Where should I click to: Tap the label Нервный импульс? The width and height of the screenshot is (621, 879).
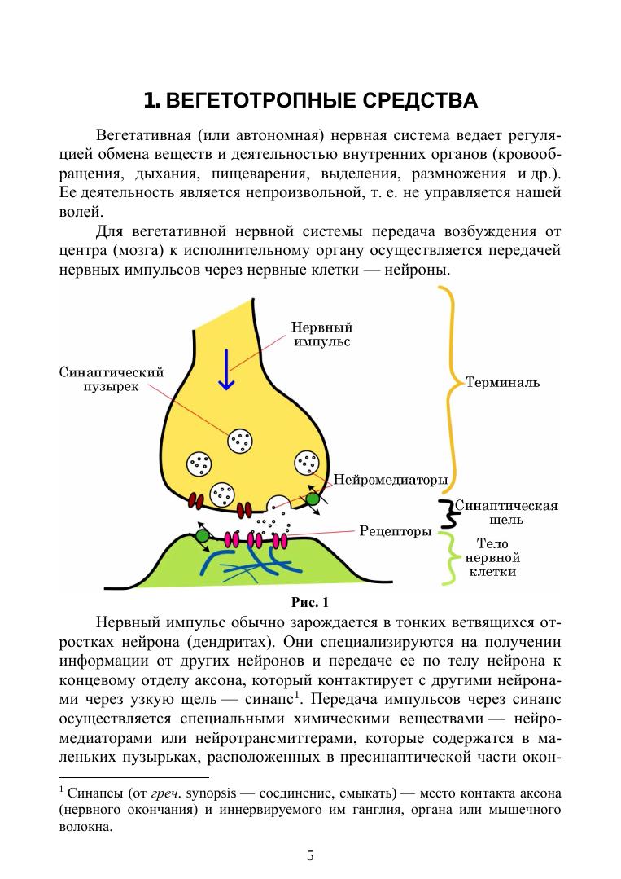pyautogui.click(x=321, y=334)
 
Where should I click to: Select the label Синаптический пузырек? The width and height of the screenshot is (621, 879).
pyautogui.click(x=112, y=379)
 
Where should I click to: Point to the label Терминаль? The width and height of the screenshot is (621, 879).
pyautogui.click(x=502, y=381)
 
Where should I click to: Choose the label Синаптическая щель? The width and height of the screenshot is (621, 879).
pyautogui.click(x=505, y=512)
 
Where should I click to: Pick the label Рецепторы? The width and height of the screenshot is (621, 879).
pyautogui.click(x=396, y=532)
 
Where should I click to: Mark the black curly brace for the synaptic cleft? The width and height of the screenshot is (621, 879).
pyautogui.click(x=444, y=513)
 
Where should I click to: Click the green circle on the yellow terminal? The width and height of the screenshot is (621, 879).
pyautogui.click(x=313, y=499)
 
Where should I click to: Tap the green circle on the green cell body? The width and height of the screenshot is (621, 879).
pyautogui.click(x=202, y=535)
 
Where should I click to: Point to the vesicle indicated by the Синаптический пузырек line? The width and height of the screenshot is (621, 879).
pyautogui.click(x=241, y=441)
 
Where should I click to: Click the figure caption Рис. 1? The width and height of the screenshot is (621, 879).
pyautogui.click(x=310, y=604)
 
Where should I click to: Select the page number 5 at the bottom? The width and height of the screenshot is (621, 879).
pyautogui.click(x=310, y=855)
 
